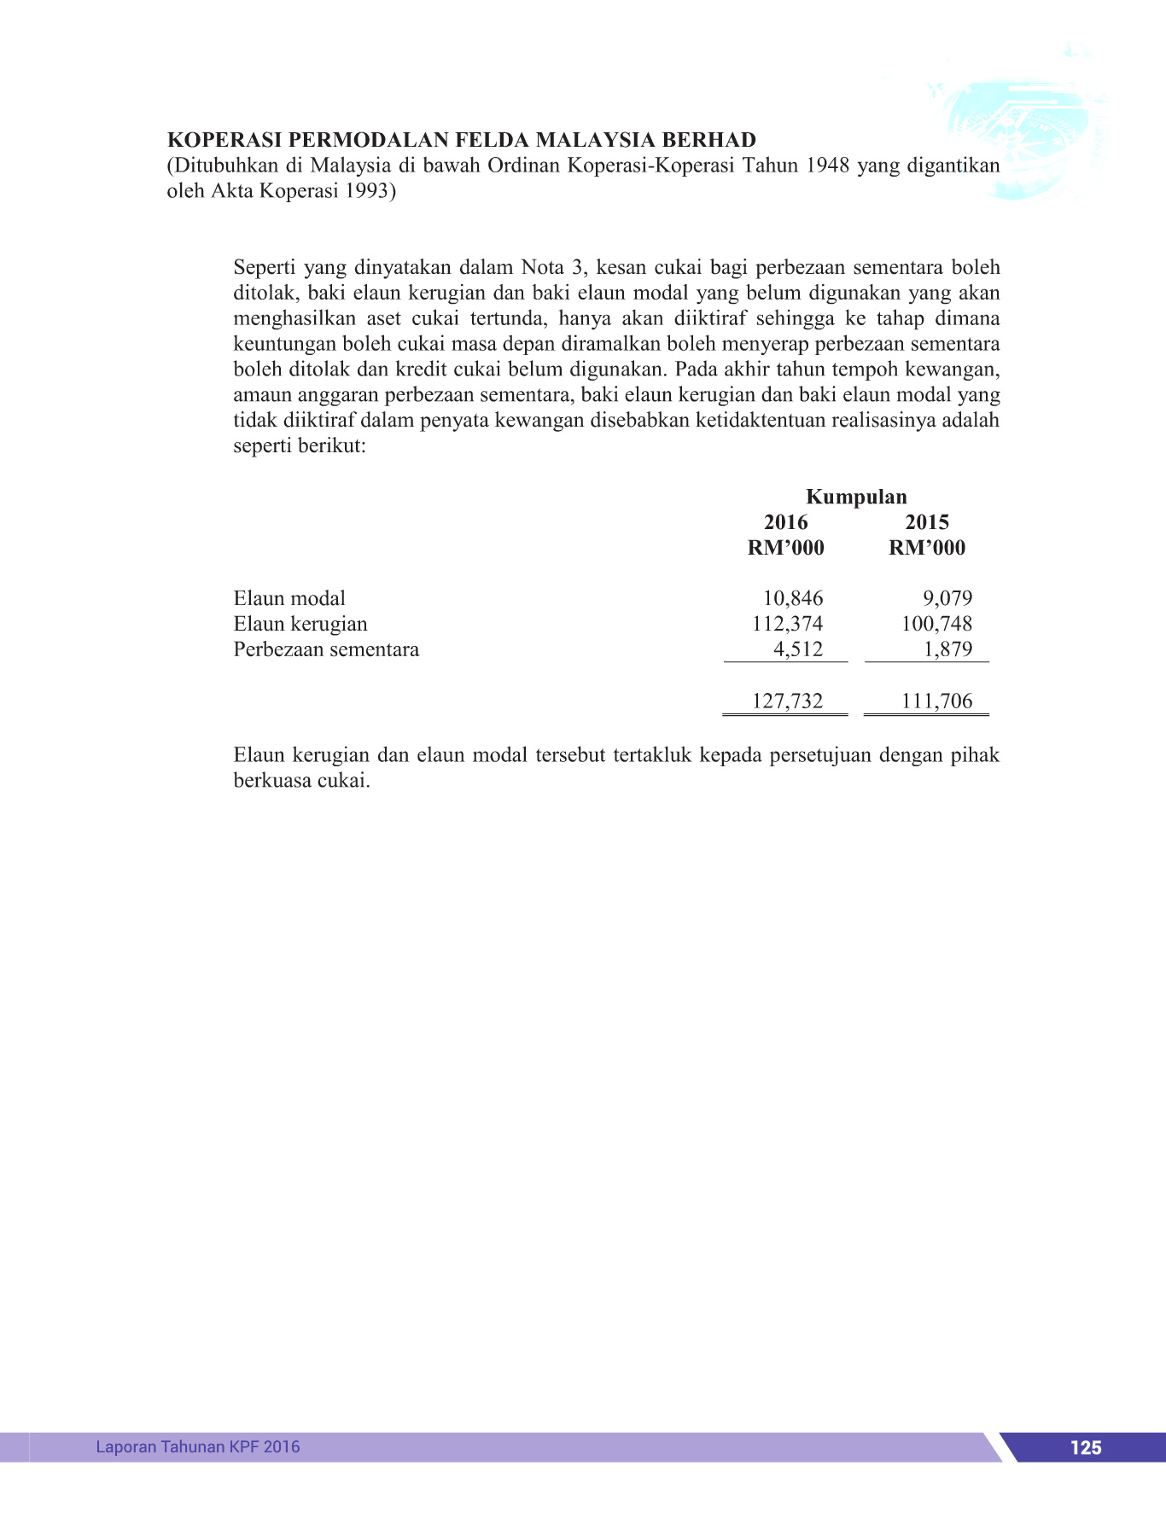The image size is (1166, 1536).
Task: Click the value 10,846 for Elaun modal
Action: point(792,598)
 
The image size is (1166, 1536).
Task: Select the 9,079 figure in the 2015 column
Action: point(947,598)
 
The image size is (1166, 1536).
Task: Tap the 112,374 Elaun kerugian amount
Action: point(787,624)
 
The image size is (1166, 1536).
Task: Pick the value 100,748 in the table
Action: point(936,624)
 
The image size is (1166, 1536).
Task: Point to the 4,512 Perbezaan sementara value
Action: point(798,649)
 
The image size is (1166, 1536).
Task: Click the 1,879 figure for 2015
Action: point(947,649)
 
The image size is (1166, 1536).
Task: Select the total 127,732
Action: point(787,701)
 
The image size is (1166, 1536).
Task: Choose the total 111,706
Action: point(936,701)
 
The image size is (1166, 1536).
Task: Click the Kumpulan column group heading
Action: point(856,497)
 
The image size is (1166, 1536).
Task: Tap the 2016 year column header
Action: point(785,522)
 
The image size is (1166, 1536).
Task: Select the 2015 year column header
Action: point(927,522)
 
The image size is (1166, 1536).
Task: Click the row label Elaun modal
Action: point(289,598)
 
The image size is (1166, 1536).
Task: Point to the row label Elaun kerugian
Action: point(300,624)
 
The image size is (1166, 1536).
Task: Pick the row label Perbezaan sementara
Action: point(326,649)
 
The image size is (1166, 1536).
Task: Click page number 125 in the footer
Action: point(1085,1447)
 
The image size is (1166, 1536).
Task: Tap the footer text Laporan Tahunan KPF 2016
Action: point(198,1446)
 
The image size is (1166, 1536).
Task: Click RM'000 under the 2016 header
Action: point(785,548)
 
